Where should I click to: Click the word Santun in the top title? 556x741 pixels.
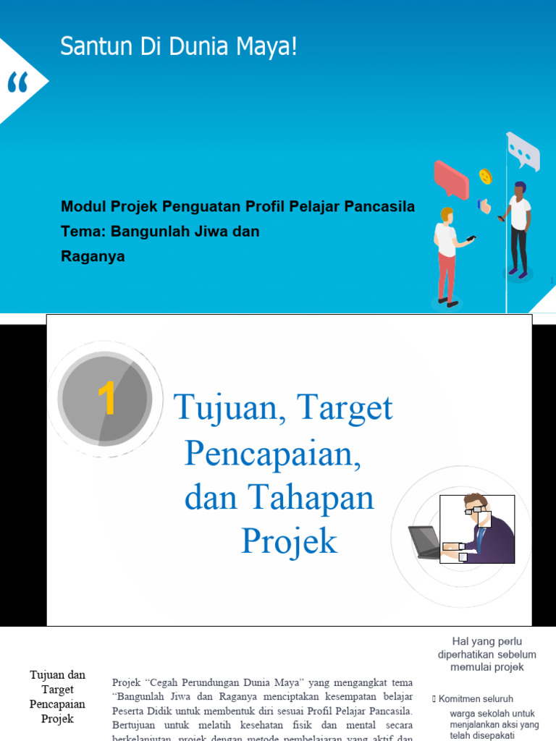click(87, 48)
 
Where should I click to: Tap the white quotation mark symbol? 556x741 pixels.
click(17, 85)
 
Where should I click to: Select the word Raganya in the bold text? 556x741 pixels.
click(93, 256)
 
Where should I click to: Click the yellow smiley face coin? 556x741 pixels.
click(485, 176)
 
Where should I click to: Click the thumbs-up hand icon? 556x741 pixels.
click(484, 206)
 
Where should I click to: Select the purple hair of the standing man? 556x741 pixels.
click(520, 187)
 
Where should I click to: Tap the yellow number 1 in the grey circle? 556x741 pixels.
click(106, 399)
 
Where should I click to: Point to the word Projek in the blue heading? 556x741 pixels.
click(289, 541)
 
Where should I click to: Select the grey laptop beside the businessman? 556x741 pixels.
click(425, 542)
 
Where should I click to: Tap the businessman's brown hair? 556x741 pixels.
click(476, 500)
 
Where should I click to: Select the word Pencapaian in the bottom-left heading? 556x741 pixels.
click(57, 704)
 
